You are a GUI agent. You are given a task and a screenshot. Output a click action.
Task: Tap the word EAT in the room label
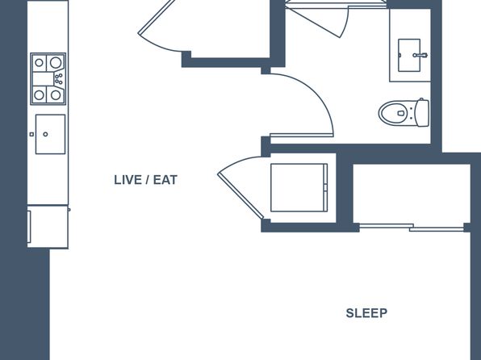point(165,180)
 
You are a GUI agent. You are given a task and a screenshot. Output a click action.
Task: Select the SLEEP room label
point(366,313)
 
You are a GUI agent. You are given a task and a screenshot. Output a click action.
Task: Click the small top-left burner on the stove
point(39,63)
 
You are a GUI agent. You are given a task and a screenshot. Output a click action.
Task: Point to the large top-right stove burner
point(56,63)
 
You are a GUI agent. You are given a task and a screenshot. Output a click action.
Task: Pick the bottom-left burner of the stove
point(39,94)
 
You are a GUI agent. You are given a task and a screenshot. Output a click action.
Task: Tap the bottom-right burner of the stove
point(56,94)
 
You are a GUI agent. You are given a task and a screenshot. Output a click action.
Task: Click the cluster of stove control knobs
point(59,78)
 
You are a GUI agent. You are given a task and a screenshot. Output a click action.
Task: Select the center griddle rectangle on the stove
point(44,79)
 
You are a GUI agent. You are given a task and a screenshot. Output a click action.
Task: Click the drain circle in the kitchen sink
point(45,134)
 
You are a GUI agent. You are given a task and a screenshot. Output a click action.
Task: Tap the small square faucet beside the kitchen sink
point(31,134)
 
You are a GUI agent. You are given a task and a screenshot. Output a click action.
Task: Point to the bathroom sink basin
point(409,55)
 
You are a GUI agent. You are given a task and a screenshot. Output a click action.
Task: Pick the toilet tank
point(422,113)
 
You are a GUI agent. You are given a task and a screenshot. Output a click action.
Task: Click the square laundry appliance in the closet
point(299,187)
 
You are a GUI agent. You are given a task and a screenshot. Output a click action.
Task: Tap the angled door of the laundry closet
point(240,196)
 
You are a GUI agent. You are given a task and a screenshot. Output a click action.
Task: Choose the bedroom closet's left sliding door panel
point(387,226)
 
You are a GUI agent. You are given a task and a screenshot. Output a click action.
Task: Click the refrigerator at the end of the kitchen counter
point(48,227)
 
